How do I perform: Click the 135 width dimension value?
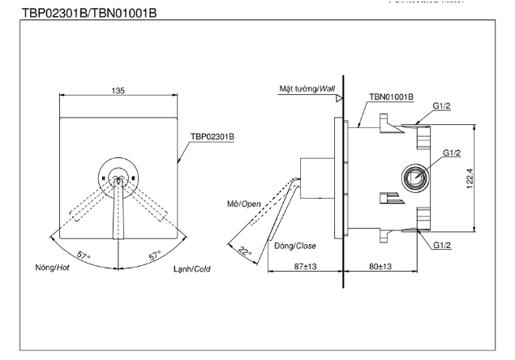[x=118, y=92]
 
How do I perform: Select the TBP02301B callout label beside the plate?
[x=212, y=137]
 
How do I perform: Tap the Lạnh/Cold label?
[x=191, y=268]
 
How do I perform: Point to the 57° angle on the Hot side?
[x=84, y=256]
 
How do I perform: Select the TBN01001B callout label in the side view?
[x=392, y=96]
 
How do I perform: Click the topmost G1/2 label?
[x=442, y=106]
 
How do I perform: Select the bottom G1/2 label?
[x=442, y=245]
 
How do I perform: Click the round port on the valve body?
[x=415, y=176]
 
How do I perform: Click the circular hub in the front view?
[x=118, y=175]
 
